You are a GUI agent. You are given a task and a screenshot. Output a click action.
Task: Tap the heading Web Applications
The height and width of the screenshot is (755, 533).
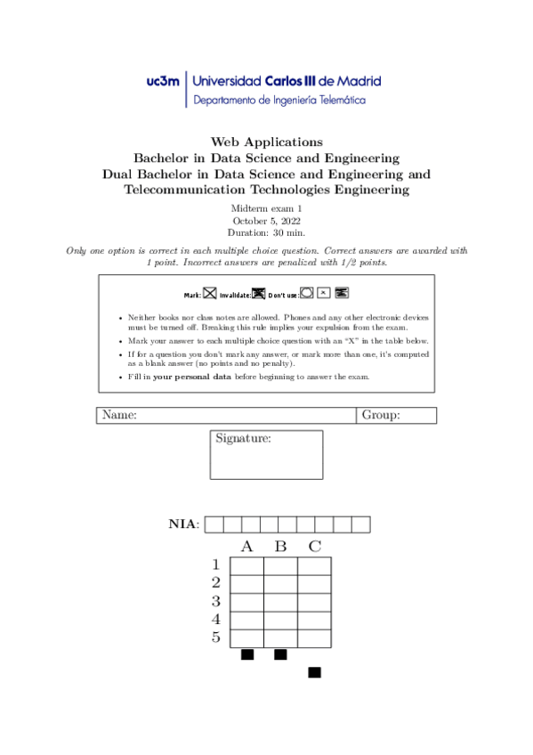[266, 142]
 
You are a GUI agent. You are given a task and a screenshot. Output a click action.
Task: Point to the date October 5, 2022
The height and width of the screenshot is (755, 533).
[266, 220]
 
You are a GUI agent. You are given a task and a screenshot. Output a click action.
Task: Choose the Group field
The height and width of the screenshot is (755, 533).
[396, 415]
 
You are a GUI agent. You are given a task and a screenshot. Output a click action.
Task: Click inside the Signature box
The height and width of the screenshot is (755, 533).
[266, 461]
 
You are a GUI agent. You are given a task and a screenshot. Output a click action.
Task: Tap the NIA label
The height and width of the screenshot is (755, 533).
[184, 524]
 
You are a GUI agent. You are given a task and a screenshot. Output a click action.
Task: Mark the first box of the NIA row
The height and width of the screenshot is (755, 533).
[214, 524]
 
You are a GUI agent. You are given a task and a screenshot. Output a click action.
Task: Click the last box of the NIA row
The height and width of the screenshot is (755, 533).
[360, 524]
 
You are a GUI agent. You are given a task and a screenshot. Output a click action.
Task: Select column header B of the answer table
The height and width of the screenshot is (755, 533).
[280, 546]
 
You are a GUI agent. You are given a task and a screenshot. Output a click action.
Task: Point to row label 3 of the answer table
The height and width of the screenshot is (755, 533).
[216, 601]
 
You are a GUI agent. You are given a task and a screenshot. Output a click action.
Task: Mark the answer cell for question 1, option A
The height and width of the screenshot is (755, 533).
[246, 566]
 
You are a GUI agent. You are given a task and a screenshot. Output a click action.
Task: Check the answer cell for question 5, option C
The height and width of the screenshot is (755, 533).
[314, 637]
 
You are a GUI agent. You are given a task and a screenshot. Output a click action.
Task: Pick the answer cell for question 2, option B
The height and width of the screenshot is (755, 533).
[280, 584]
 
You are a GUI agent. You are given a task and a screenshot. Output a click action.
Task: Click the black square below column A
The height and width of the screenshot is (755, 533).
[247, 655]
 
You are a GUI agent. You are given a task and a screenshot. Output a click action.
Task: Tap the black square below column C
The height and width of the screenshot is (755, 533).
[314, 672]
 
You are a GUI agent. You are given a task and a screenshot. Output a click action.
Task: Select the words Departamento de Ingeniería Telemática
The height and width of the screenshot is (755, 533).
[279, 101]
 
